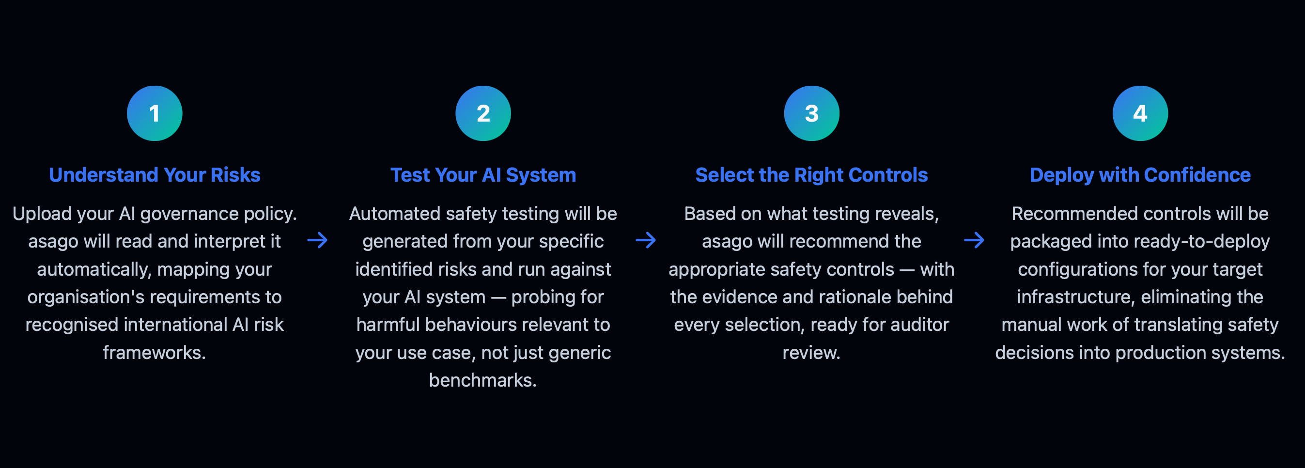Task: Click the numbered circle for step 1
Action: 155,113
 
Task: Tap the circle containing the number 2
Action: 483,113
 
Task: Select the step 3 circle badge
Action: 811,113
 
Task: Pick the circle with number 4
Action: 1140,113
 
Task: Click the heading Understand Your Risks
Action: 155,175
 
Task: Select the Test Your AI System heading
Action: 483,175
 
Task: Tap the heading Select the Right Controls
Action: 811,175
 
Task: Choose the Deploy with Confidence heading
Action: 1140,175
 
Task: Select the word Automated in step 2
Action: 395,214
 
